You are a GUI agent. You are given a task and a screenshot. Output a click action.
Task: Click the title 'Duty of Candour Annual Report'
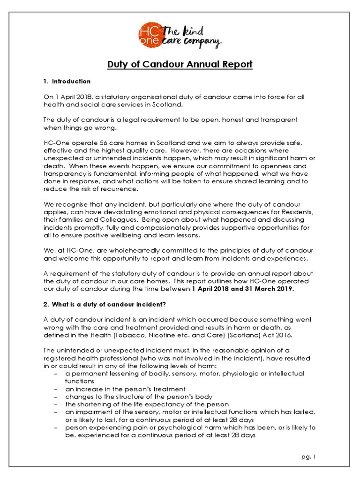coord(180,64)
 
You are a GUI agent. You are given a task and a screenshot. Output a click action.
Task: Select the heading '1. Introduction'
coord(67,82)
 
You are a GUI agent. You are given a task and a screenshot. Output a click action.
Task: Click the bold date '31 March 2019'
coord(271,289)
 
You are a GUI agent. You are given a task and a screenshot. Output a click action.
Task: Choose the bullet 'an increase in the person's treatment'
coord(125,389)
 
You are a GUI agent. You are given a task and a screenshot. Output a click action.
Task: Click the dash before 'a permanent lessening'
coord(56,374)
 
